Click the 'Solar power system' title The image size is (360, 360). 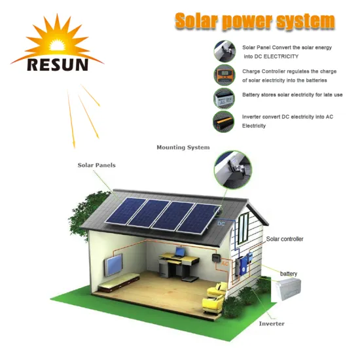tap(255, 21)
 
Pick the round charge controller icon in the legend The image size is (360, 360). tap(223, 75)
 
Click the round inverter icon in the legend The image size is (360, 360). tap(223, 121)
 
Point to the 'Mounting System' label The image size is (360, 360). tap(183, 148)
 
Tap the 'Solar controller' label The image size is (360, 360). tap(284, 239)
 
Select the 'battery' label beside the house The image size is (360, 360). tap(289, 273)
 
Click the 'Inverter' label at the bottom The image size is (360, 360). tap(272, 324)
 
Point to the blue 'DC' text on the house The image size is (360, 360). tap(221, 224)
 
